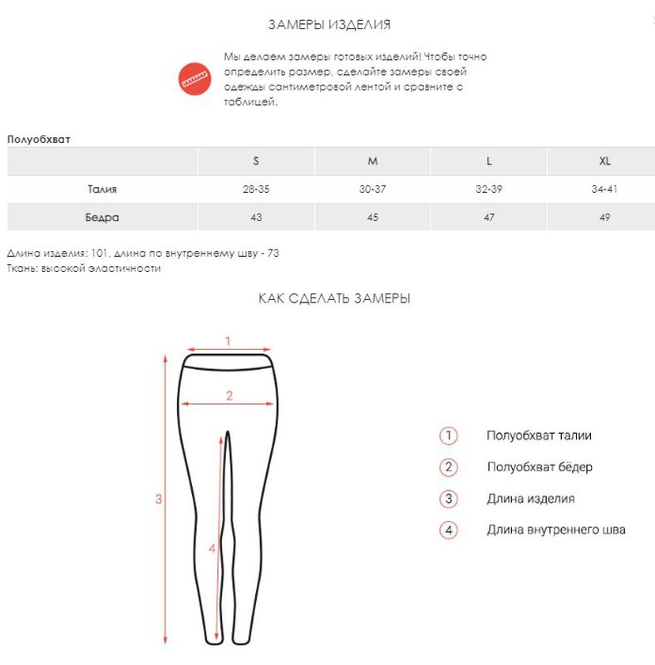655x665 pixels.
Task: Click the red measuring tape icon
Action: (x=196, y=79)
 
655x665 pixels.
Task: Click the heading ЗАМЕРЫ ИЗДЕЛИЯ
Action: (x=329, y=25)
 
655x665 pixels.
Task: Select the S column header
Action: (x=256, y=160)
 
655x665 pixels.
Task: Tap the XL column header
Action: (x=604, y=160)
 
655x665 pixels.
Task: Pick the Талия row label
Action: (x=102, y=190)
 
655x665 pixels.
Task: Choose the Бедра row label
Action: (x=102, y=218)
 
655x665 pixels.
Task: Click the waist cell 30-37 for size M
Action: (x=372, y=190)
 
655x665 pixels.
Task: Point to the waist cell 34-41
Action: (x=604, y=190)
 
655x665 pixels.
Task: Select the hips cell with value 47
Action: (x=489, y=218)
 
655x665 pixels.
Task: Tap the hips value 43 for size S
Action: (x=256, y=218)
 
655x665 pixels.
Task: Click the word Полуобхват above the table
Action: (x=39, y=139)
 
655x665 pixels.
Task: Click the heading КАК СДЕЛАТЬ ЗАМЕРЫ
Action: (x=334, y=298)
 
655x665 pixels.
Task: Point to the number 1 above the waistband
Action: (x=227, y=340)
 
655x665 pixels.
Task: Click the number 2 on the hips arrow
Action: (x=229, y=396)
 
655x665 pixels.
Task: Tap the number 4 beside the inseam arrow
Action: (x=213, y=549)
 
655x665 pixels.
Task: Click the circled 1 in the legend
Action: (x=449, y=436)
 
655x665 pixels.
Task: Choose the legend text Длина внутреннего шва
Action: (x=555, y=530)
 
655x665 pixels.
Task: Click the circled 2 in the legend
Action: (x=449, y=467)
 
